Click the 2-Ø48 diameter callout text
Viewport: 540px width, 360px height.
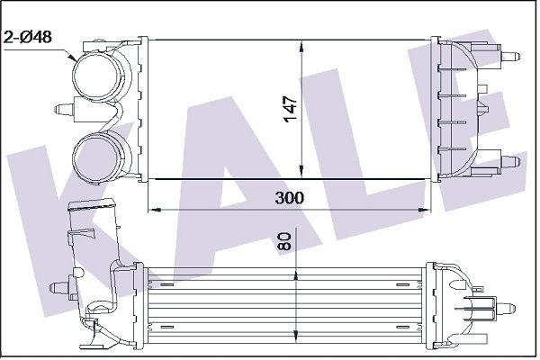[27, 37]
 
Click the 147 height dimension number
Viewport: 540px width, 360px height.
[291, 109]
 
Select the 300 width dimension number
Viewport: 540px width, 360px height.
[290, 198]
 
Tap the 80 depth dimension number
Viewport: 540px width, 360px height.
[284, 241]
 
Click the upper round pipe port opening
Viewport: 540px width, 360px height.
[97, 76]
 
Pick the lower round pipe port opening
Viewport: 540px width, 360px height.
[97, 158]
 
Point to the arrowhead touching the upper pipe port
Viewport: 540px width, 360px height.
[73, 57]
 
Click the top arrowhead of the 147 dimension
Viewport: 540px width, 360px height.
[301, 46]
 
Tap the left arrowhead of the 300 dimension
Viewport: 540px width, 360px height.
[154, 209]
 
